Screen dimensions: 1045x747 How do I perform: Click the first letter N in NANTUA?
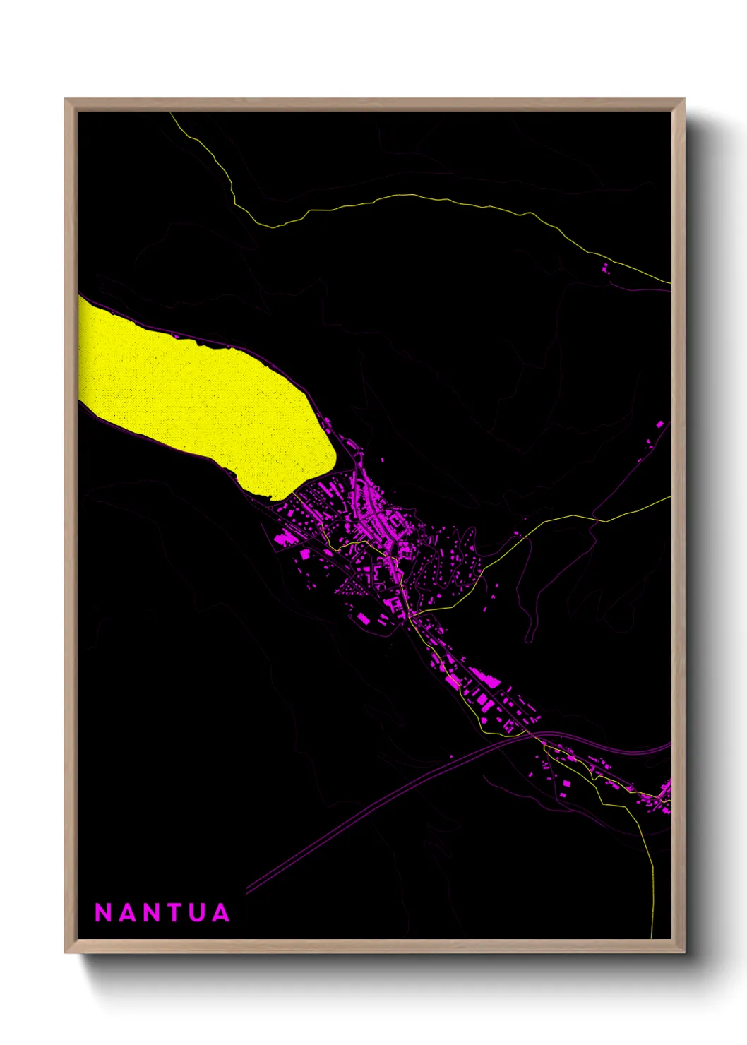point(104,913)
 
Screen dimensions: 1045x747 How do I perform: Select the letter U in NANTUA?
point(196,913)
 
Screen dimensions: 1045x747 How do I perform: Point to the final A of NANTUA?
point(220,913)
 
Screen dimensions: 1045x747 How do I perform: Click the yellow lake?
point(198,395)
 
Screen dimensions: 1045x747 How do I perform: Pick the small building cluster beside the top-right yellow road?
point(605,268)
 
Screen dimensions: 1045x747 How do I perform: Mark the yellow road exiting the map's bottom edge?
point(652,918)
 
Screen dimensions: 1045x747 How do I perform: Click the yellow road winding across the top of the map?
point(395,198)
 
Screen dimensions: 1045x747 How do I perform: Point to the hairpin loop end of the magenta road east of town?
point(529,640)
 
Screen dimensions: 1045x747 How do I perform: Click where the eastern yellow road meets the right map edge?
point(669,497)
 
